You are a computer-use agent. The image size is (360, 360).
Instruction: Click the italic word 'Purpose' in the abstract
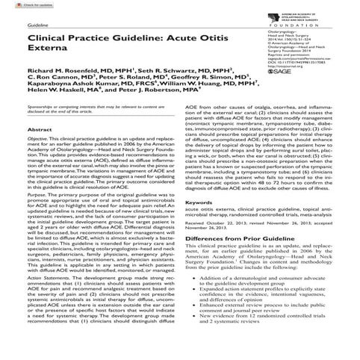36,215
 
